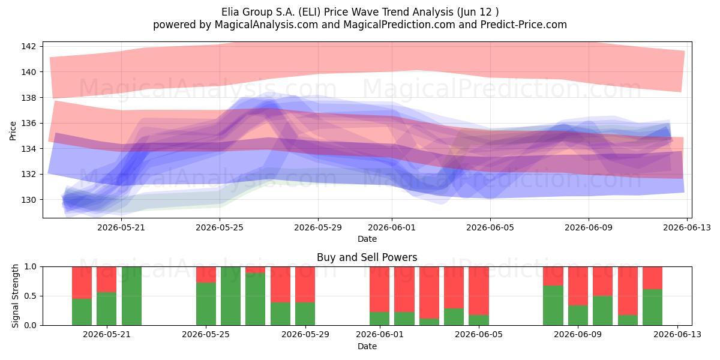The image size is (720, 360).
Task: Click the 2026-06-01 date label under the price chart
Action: (x=392, y=227)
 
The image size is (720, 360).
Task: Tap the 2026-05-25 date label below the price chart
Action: (x=220, y=227)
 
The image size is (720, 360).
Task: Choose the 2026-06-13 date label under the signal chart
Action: (x=677, y=335)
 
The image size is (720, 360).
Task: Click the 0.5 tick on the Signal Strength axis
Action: (x=31, y=296)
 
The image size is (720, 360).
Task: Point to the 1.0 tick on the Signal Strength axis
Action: (x=31, y=267)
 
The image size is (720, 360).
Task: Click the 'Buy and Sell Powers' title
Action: (x=367, y=257)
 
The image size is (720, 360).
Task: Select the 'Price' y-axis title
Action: (x=13, y=131)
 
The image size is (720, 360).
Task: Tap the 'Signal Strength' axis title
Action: (x=15, y=296)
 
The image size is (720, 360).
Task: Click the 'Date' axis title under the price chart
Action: (x=367, y=239)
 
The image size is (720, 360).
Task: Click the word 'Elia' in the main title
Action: (x=230, y=12)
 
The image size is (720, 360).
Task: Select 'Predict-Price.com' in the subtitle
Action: (x=524, y=25)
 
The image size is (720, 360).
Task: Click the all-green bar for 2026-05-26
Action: (x=231, y=296)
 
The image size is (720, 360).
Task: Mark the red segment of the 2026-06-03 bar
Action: (x=429, y=293)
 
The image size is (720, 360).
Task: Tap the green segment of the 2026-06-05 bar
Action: (x=479, y=320)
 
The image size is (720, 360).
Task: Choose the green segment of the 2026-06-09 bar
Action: (x=578, y=316)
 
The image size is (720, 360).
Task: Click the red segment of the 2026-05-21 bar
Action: (x=107, y=280)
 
